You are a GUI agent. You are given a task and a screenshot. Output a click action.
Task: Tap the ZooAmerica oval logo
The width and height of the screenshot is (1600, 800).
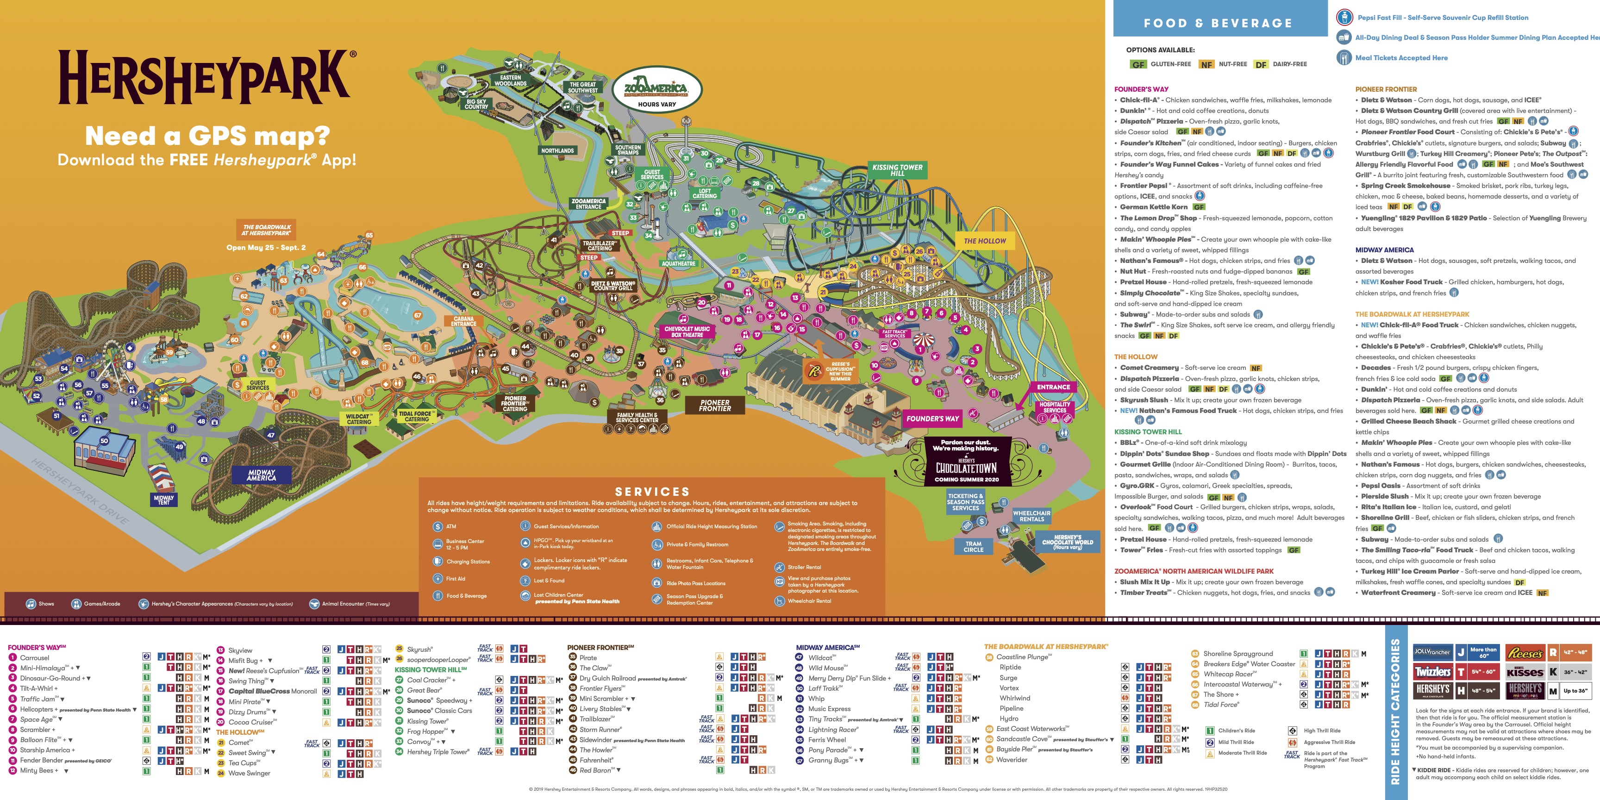(x=656, y=90)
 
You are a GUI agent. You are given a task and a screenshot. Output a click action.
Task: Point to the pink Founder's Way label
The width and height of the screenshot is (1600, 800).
(x=932, y=419)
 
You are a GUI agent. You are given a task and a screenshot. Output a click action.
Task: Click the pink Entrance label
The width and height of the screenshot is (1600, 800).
(x=1053, y=387)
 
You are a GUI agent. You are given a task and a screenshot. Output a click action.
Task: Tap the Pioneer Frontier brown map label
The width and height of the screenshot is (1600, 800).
(x=715, y=406)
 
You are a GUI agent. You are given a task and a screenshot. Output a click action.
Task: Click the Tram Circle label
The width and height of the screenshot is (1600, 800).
(x=973, y=547)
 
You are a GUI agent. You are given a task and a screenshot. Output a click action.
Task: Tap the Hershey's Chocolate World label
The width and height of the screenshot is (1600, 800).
(x=1067, y=542)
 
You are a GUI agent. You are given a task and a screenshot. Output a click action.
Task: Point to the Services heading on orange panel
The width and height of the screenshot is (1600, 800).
(x=651, y=491)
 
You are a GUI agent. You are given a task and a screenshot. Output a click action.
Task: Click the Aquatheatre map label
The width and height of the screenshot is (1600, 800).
(x=678, y=263)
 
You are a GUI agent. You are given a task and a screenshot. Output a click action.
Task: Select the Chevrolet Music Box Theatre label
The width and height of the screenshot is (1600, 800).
(x=687, y=331)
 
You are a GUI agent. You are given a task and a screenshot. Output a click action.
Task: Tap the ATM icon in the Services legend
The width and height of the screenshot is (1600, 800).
(x=438, y=527)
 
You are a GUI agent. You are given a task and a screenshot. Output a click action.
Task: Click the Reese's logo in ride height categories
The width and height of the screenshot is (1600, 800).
(x=1525, y=653)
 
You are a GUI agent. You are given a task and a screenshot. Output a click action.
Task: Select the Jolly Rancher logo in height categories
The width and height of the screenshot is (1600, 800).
(x=1432, y=652)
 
